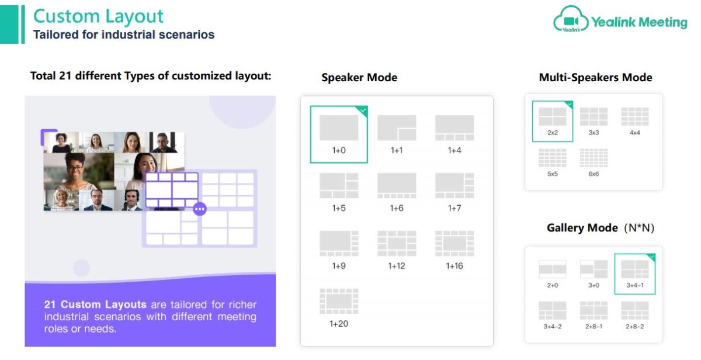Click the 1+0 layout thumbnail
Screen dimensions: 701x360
[x=339, y=128]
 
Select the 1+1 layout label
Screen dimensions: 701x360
[x=397, y=151]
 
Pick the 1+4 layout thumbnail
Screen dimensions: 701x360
[x=454, y=128]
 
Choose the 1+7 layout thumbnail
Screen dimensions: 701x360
[x=454, y=186]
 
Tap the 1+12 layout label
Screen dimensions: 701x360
[x=397, y=266]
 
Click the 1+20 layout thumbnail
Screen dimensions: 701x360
[x=339, y=301]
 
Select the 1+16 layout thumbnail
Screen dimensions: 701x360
[x=454, y=244]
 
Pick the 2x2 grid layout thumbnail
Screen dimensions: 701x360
[x=553, y=116]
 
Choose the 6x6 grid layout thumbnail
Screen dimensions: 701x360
[x=594, y=158]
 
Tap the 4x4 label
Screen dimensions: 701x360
[x=634, y=133]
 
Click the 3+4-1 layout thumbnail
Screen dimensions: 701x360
[x=634, y=269]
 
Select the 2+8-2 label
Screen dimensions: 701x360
[x=634, y=327]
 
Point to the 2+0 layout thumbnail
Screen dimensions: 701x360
[x=553, y=269]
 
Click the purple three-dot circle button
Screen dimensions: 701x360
[x=200, y=209]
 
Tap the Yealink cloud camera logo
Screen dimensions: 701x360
[x=571, y=19]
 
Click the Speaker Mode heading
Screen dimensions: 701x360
[x=359, y=77]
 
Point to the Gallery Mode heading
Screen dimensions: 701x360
[x=582, y=227]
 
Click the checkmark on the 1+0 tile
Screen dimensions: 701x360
[x=363, y=110]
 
